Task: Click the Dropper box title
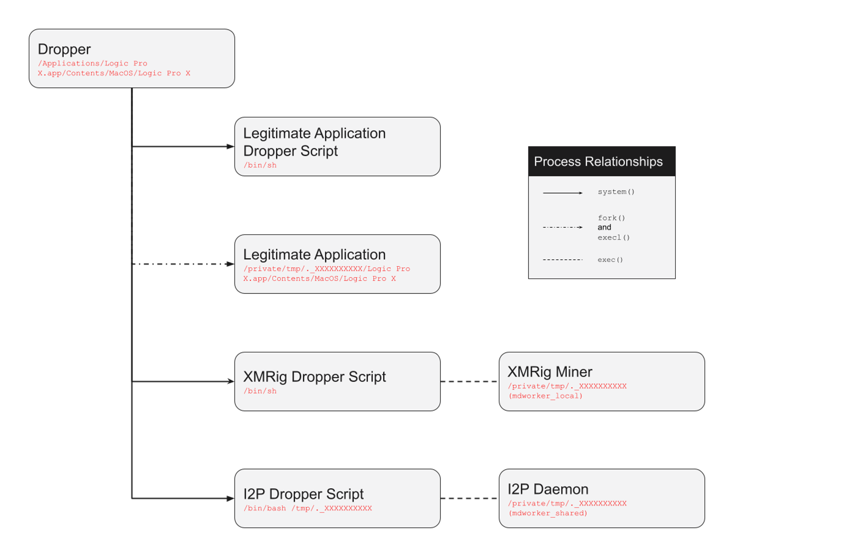pos(64,50)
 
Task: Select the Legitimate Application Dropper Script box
pos(337,146)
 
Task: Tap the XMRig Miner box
pos(601,381)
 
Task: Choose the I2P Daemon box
pos(601,498)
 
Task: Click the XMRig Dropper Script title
pos(314,377)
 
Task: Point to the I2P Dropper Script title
pos(303,494)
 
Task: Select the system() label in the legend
pos(616,192)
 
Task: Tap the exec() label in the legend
pos(610,260)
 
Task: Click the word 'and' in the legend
pos(604,227)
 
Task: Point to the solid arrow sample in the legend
pos(562,193)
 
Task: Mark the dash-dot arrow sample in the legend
pos(562,227)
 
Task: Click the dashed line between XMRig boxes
pos(469,381)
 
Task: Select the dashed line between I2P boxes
pos(469,498)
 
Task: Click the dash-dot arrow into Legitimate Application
pos(183,264)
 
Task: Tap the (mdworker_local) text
pos(545,396)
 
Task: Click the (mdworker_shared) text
pos(548,513)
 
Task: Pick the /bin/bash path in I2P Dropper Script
pos(265,508)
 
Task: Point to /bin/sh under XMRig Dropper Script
pos(260,391)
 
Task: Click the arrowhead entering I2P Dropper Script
pos(231,498)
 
